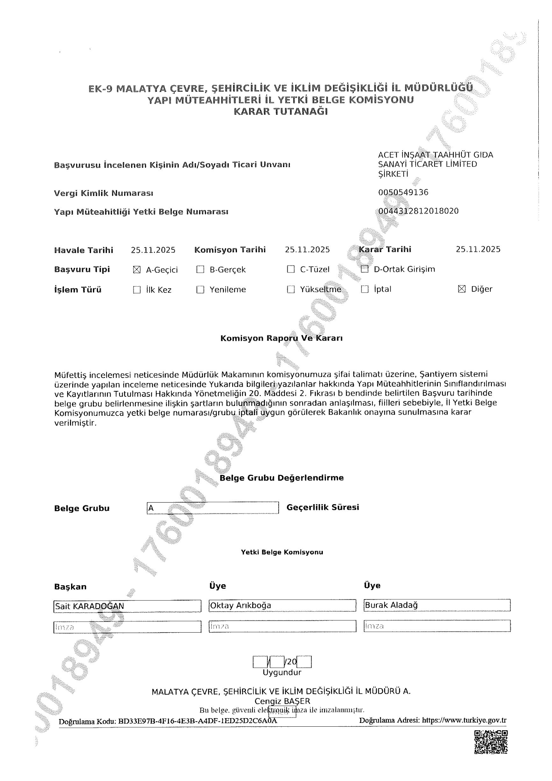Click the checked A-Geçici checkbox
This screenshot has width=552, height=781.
tap(137, 270)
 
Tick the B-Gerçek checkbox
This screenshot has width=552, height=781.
tap(200, 269)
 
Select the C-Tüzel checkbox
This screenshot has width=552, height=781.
tap(290, 269)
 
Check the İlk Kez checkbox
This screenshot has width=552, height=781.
tap(137, 290)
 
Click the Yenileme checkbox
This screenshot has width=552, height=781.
tap(200, 290)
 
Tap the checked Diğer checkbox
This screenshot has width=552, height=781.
tap(462, 289)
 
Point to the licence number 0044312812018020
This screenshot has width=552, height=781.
tap(418, 211)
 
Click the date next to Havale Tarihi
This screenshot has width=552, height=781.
tap(153, 250)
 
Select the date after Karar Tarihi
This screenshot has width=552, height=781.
tap(478, 250)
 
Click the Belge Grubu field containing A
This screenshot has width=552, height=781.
tap(213, 508)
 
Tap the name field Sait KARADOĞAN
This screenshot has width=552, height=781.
tap(127, 606)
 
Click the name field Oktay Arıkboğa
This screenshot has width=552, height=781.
tap(282, 606)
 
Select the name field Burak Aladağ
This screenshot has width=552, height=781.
tap(437, 605)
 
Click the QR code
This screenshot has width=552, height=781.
tap(491, 742)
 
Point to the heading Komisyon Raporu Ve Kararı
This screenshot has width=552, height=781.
tap(281, 338)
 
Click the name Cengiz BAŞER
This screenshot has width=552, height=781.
tap(282, 701)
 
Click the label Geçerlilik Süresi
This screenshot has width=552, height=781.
tap(322, 507)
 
